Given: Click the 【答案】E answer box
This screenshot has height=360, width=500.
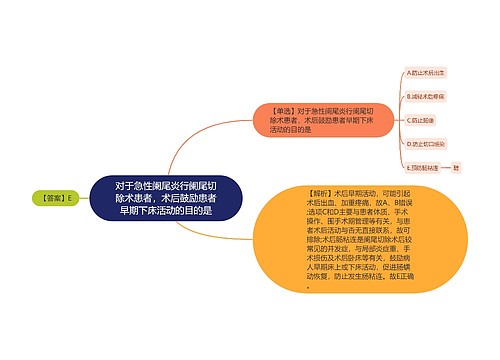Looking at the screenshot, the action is [59, 198].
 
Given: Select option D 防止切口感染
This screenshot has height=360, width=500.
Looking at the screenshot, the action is [427, 142].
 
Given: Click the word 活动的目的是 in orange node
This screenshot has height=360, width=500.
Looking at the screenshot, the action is [295, 129].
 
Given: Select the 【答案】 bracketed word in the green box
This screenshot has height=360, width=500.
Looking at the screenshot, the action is [53, 198].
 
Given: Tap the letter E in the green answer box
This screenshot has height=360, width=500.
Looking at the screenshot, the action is [72, 198].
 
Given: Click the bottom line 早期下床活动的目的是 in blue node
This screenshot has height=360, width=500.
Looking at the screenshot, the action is [165, 211].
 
